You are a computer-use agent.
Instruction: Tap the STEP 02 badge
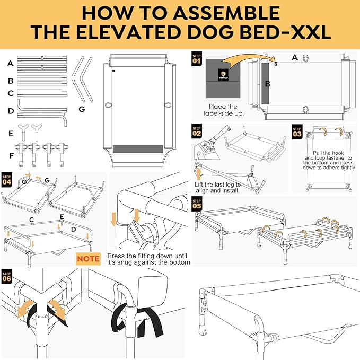[197, 130]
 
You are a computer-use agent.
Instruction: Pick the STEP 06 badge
[7, 276]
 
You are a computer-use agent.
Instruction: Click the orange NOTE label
[88, 259]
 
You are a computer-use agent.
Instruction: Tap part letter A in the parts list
[10, 63]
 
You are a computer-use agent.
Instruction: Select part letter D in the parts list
[10, 112]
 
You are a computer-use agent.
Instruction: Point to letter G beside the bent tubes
[81, 109]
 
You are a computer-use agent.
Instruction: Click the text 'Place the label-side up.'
[224, 110]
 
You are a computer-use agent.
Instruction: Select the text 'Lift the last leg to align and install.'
[218, 188]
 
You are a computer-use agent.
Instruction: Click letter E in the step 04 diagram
[62, 217]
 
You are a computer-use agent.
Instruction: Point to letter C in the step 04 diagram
[31, 219]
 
